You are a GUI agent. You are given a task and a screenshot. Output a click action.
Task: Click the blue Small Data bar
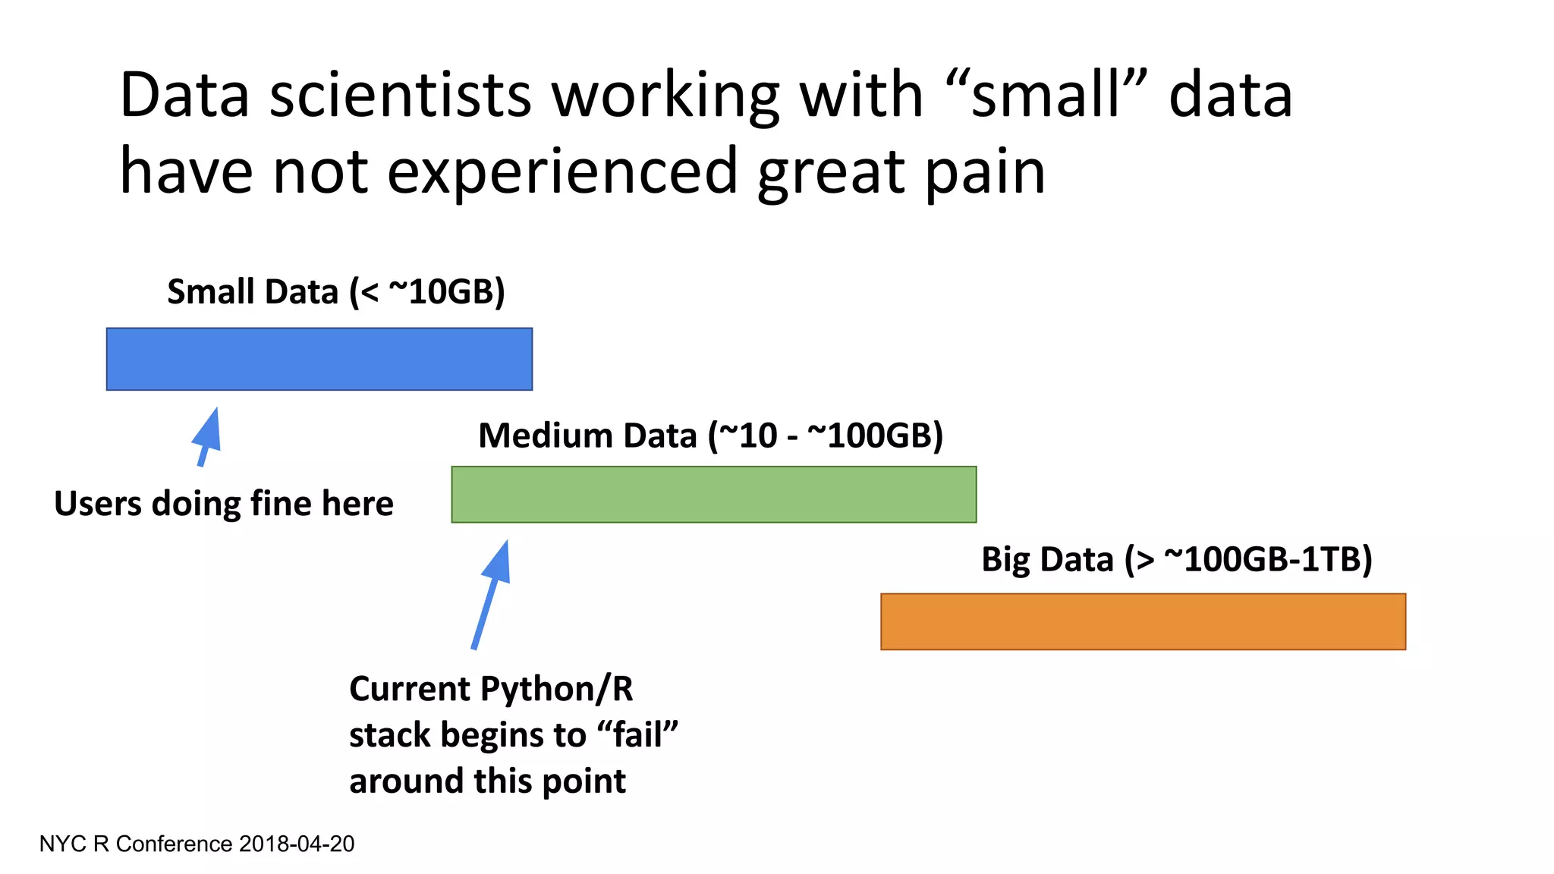point(319,359)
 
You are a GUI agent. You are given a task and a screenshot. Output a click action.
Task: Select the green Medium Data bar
point(713,495)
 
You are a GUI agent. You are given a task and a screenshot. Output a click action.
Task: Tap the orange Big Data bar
point(1143,621)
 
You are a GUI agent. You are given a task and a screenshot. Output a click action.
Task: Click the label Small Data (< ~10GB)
point(335,292)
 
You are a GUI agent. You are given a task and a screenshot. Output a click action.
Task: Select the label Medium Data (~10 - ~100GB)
point(710,436)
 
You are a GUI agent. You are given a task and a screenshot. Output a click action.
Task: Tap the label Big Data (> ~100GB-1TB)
point(1176,560)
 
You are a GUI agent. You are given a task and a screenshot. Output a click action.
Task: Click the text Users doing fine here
point(224,504)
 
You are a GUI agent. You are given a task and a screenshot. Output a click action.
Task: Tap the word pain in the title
point(984,172)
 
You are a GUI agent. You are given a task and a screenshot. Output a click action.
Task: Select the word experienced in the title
point(562,172)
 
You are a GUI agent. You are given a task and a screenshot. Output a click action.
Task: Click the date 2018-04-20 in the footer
point(296,844)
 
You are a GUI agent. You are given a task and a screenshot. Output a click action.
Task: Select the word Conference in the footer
point(174,844)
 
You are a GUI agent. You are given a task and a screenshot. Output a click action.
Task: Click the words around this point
point(487,781)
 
